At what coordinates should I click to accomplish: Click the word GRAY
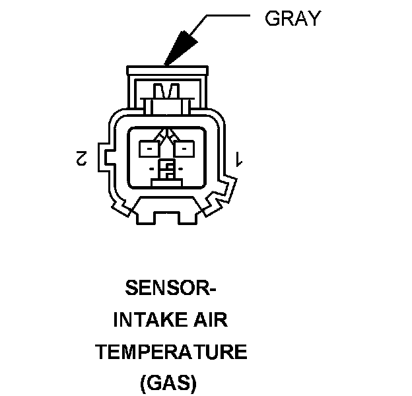pyautogui.click(x=292, y=18)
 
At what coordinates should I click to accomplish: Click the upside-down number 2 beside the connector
pyautogui.click(x=83, y=158)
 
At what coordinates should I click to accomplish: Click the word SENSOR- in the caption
pyautogui.click(x=171, y=288)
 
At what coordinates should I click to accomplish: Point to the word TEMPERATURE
pyautogui.click(x=171, y=352)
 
